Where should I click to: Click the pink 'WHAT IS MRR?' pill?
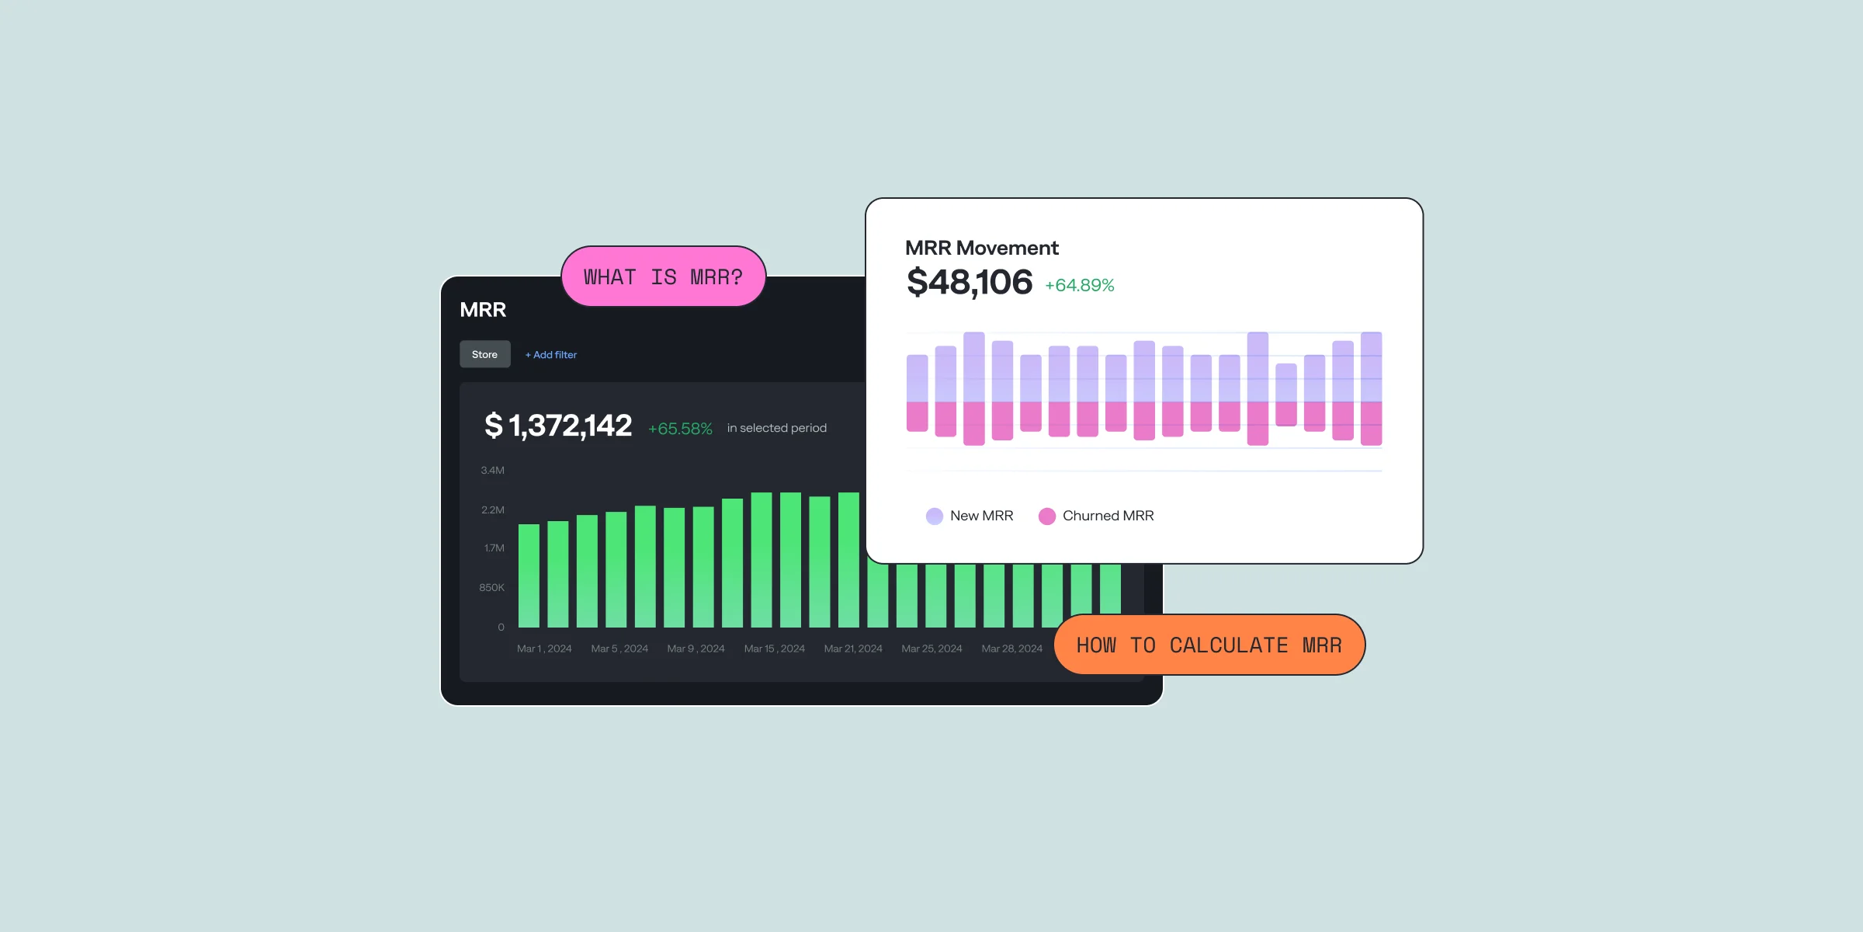(663, 276)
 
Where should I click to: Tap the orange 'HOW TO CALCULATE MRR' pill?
(1209, 645)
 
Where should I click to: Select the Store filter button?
(484, 354)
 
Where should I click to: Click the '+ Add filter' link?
(551, 355)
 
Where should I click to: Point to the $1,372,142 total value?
(558, 426)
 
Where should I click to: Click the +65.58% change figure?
(680, 429)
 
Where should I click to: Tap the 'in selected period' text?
(776, 428)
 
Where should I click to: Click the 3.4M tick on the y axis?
(492, 471)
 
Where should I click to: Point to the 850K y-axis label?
(491, 588)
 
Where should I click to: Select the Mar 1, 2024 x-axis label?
(544, 649)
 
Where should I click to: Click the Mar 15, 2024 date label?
(774, 649)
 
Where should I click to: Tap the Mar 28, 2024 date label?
(1011, 649)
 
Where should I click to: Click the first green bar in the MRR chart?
(529, 575)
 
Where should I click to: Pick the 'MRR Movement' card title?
(981, 248)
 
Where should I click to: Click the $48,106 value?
(970, 282)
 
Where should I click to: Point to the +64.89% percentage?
(1079, 286)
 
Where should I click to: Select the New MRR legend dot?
(935, 516)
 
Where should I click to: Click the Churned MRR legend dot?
(1047, 516)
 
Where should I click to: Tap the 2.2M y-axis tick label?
(492, 510)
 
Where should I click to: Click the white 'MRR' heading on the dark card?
(483, 310)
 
